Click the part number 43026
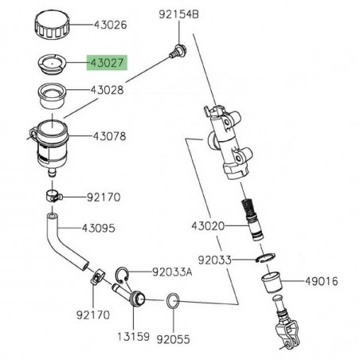point(107,25)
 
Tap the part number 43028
point(107,92)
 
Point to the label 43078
point(107,137)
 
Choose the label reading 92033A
point(171,272)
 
